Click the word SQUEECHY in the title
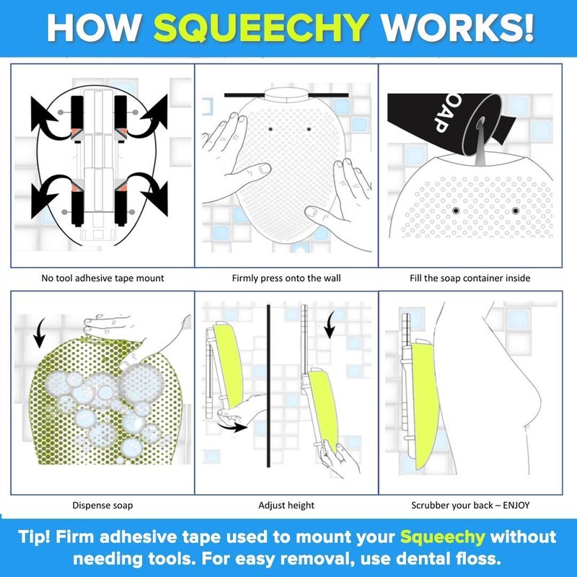(261, 28)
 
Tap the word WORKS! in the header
(457, 28)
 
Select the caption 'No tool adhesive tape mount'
(102, 278)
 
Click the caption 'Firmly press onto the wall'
(286, 278)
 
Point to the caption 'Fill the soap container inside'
(470, 278)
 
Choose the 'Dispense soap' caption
(102, 506)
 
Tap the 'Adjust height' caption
(286, 506)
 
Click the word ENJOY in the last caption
(516, 506)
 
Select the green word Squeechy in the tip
(443, 537)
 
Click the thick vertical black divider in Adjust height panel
(268, 386)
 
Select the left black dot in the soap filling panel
(456, 211)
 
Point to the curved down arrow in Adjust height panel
(330, 325)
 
